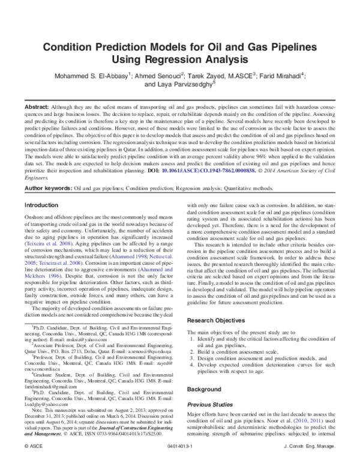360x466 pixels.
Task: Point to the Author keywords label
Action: tap(47, 188)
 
